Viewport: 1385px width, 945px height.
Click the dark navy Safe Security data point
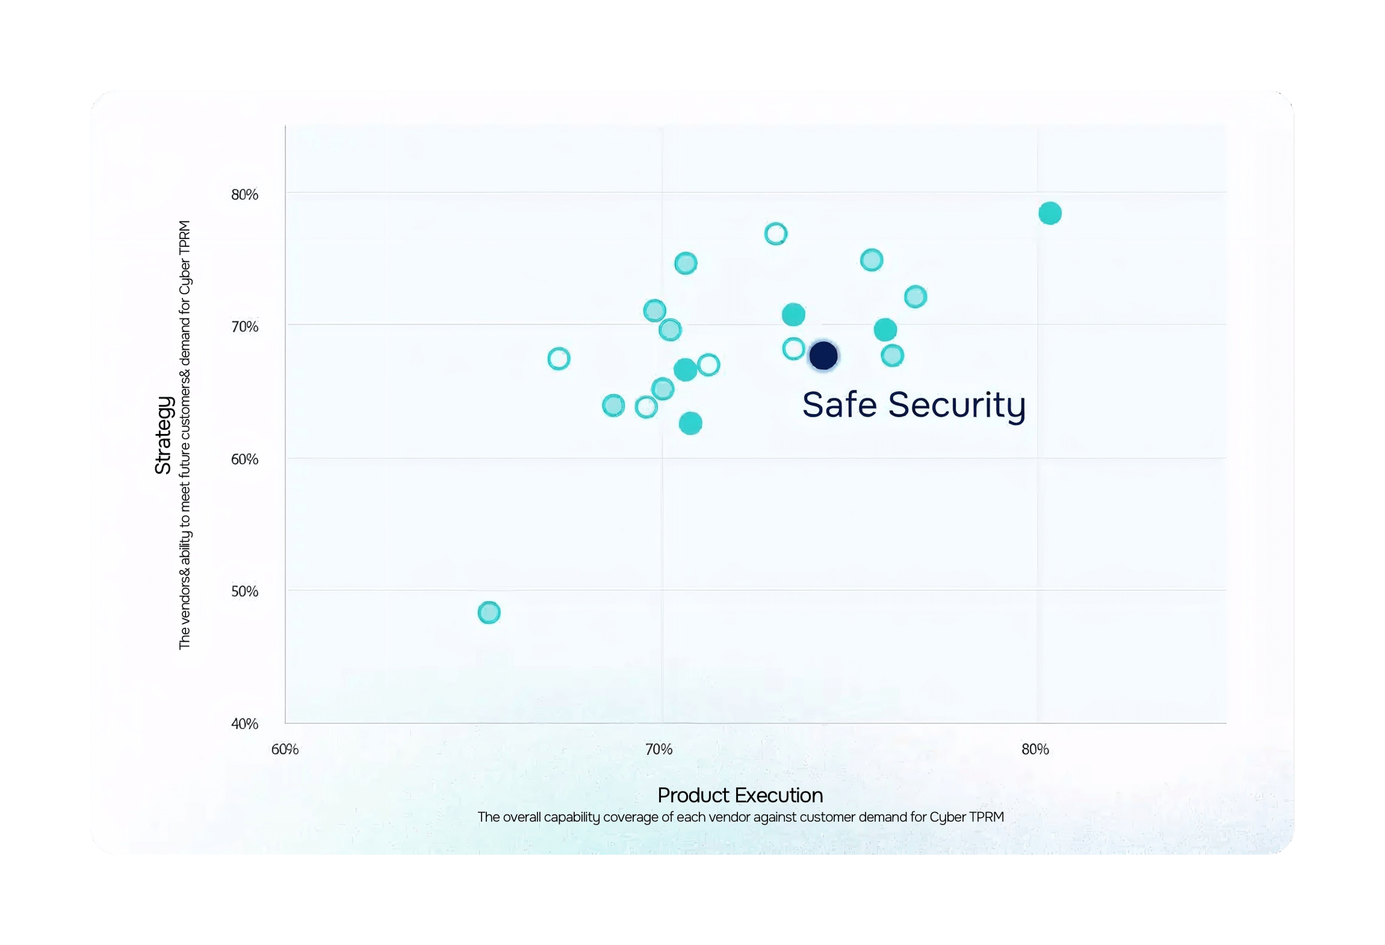823,355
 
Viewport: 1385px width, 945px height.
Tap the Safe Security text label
913,404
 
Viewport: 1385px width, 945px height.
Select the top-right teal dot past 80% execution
1050,213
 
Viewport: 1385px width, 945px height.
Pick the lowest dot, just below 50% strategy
489,613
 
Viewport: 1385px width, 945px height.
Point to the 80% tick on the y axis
244,194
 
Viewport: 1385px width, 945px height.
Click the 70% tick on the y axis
244,327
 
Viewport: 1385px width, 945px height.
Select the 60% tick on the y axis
244,459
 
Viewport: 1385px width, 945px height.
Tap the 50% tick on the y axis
244,591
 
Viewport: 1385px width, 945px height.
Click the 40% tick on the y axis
244,723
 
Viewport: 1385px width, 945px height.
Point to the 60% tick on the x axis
285,749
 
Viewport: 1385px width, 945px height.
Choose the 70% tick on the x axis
659,749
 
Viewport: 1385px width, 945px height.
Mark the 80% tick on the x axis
1035,749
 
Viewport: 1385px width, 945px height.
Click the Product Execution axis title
740,795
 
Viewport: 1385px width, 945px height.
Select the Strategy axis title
163,435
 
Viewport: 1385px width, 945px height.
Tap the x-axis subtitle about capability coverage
740,817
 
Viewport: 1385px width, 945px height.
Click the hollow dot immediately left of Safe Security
793,349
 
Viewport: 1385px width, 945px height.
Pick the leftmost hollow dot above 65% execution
559,359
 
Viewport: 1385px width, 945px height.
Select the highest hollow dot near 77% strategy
776,234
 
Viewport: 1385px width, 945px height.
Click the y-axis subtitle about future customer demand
184,435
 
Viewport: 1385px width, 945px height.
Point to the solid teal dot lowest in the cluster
690,423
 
